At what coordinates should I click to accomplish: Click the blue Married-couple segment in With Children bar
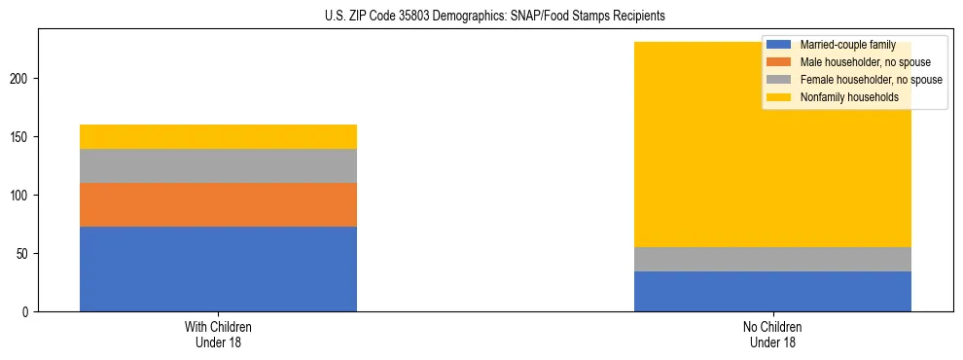pyautogui.click(x=218, y=269)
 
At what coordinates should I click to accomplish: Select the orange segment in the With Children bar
pyautogui.click(x=218, y=204)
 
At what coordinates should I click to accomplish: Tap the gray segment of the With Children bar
pyautogui.click(x=218, y=165)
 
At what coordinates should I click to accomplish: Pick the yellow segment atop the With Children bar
pyautogui.click(x=218, y=136)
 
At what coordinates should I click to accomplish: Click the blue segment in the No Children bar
pyautogui.click(x=772, y=291)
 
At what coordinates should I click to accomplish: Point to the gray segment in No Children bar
pyautogui.click(x=772, y=259)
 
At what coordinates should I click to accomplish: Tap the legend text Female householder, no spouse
pyautogui.click(x=871, y=80)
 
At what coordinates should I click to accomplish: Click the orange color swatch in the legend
pyautogui.click(x=779, y=62)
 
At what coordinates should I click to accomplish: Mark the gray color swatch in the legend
pyautogui.click(x=779, y=80)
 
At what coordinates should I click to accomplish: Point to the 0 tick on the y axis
pyautogui.click(x=29, y=312)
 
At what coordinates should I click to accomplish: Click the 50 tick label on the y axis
pyautogui.click(x=26, y=254)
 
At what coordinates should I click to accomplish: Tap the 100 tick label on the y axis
pyautogui.click(x=23, y=196)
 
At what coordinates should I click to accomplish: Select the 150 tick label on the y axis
pyautogui.click(x=23, y=137)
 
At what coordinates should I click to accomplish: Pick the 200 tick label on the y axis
pyautogui.click(x=23, y=79)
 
